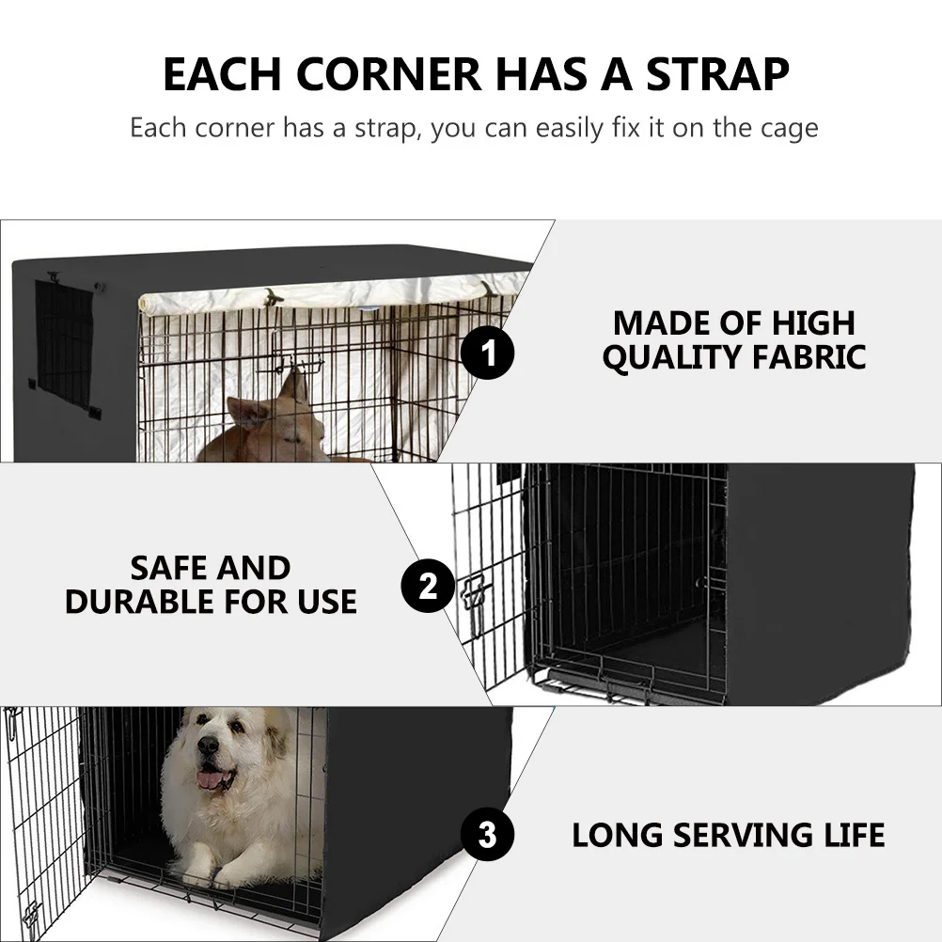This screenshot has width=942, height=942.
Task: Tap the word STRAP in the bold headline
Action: (x=717, y=75)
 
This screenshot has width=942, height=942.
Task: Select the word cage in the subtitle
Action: (x=785, y=127)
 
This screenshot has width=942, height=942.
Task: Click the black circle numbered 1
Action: (x=488, y=355)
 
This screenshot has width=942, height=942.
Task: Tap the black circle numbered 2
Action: (x=428, y=587)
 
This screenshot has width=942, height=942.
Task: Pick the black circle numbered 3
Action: (x=487, y=834)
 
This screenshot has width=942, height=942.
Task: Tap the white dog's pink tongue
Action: (x=211, y=779)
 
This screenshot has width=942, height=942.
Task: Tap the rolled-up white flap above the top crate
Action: (x=329, y=292)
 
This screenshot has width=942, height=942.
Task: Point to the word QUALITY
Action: (x=658, y=357)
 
